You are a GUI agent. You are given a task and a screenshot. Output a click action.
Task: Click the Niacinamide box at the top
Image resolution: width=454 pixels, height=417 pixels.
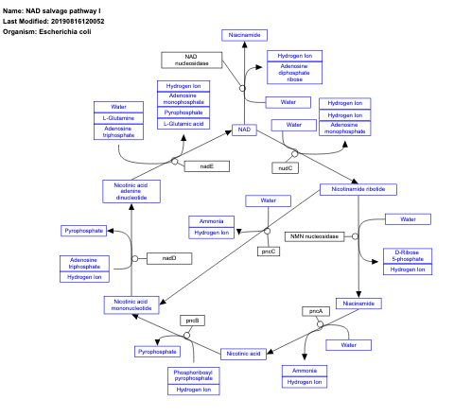[247, 35]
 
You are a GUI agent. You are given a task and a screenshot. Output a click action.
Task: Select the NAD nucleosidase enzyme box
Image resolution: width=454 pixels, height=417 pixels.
[192, 60]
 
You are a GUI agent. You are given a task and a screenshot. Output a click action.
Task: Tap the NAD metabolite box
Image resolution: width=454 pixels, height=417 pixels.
[244, 130]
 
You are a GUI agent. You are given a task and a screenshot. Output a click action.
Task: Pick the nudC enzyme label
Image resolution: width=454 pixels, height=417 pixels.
[285, 167]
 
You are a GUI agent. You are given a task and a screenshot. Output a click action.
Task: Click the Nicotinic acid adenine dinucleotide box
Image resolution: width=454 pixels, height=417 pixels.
[131, 191]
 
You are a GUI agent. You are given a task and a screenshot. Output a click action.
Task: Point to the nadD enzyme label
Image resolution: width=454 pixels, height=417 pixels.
[169, 257]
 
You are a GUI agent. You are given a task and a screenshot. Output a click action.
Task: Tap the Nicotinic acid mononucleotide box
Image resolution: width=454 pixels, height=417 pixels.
[131, 304]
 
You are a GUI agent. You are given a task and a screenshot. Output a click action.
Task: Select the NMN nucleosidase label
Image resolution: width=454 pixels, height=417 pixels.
[314, 235]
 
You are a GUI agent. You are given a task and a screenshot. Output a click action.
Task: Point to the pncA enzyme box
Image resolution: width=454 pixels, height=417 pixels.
[315, 310]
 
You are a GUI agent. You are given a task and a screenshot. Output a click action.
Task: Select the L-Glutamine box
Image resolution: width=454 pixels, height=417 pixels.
[118, 118]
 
